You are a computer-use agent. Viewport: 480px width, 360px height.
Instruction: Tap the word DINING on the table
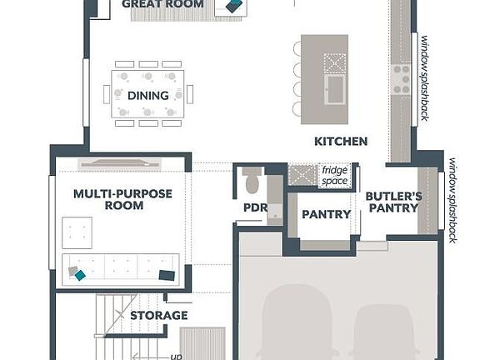[148, 95]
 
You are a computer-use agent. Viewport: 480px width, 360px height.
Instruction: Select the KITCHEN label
[341, 142]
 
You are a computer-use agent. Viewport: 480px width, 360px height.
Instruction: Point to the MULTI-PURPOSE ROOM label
[122, 199]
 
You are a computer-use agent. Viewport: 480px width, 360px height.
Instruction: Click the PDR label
[254, 207]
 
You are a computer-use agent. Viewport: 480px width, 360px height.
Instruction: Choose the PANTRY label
[326, 214]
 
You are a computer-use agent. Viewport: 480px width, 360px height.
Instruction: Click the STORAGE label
[158, 316]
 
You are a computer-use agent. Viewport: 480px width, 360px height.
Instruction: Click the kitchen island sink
[336, 87]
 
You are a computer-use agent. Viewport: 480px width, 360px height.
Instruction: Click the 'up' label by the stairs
[176, 357]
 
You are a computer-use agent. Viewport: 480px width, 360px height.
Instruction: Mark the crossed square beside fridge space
[300, 175]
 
